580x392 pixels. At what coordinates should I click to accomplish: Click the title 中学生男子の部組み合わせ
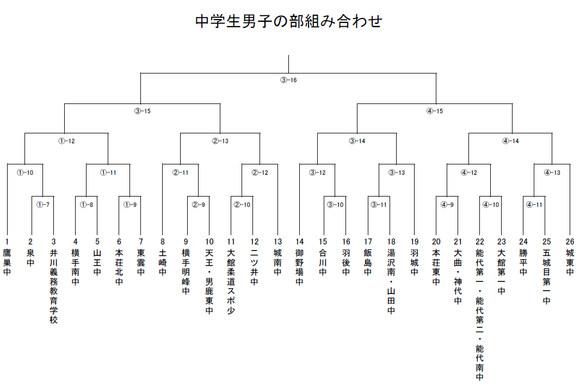tap(289, 21)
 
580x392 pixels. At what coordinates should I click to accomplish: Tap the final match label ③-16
tap(288, 80)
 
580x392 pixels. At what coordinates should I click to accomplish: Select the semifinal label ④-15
tap(435, 111)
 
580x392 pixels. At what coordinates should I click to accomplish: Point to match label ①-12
tap(66, 141)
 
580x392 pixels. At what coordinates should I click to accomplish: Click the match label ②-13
tap(220, 141)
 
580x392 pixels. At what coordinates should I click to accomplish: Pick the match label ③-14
tap(357, 141)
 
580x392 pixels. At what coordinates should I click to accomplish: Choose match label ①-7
tap(43, 205)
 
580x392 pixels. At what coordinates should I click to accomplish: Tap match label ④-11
tap(534, 205)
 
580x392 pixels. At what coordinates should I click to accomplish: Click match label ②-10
tap(242, 205)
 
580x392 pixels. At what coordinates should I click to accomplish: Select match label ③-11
tap(379, 205)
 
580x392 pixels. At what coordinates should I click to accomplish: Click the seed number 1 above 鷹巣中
tap(7, 242)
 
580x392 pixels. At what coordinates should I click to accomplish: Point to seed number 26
tap(570, 242)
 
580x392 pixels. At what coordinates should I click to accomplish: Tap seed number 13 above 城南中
tap(278, 242)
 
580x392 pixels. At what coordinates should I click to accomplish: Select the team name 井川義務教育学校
tap(54, 286)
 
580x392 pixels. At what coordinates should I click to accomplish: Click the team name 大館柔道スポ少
tap(231, 281)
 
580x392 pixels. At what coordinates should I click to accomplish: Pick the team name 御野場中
tap(299, 267)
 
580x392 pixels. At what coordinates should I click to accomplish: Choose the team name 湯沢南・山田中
tap(391, 281)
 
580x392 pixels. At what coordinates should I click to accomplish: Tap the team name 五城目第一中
tap(546, 277)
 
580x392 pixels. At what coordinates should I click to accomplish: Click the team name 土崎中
tap(162, 262)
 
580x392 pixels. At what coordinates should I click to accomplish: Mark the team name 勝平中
tap(523, 262)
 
